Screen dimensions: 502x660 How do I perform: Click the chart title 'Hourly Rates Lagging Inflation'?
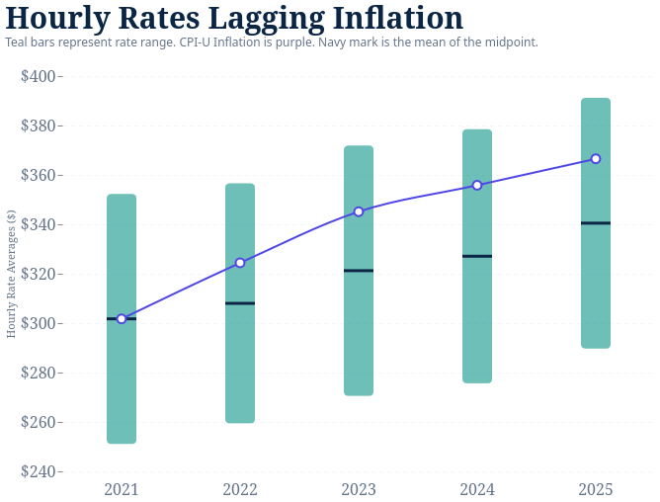pyautogui.click(x=234, y=18)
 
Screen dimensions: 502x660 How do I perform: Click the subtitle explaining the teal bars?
pyautogui.click(x=272, y=42)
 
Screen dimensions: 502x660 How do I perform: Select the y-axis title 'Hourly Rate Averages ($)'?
pyautogui.click(x=11, y=274)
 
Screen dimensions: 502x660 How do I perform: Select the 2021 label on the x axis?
pyautogui.click(x=122, y=489)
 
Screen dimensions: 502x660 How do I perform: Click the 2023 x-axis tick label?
pyautogui.click(x=359, y=489)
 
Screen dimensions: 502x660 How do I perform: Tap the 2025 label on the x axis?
pyautogui.click(x=596, y=489)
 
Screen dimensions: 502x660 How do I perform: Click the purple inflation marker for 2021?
pyautogui.click(x=122, y=319)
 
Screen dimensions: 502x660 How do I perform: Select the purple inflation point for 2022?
pyautogui.click(x=240, y=263)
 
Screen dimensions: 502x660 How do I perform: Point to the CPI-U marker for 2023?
pyautogui.click(x=359, y=211)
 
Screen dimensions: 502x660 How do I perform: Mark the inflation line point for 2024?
pyautogui.click(x=477, y=185)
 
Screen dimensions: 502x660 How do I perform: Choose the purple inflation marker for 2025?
pyautogui.click(x=596, y=159)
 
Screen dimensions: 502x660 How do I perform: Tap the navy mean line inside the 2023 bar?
pyautogui.click(x=359, y=271)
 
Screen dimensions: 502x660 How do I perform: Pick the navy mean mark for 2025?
pyautogui.click(x=596, y=223)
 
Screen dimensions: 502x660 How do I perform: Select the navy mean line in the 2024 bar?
pyautogui.click(x=477, y=256)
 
